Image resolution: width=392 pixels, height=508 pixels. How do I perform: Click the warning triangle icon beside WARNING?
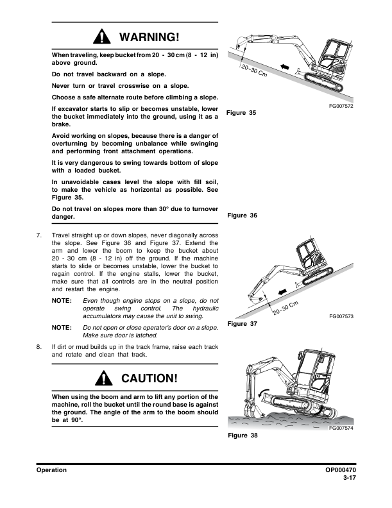tap(103, 37)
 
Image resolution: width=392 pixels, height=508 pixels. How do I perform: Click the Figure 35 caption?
tap(242, 113)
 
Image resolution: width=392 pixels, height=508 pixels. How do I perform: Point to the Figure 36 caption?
tap(242, 216)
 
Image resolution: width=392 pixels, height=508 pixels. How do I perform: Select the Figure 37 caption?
tap(242, 324)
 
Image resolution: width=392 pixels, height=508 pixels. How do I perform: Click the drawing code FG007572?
tap(342, 105)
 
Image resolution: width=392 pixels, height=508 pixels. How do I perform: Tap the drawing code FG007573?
tap(342, 317)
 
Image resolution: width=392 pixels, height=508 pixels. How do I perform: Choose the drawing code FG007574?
tap(342, 428)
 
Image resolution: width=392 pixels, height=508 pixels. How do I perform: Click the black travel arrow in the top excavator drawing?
tap(286, 67)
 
